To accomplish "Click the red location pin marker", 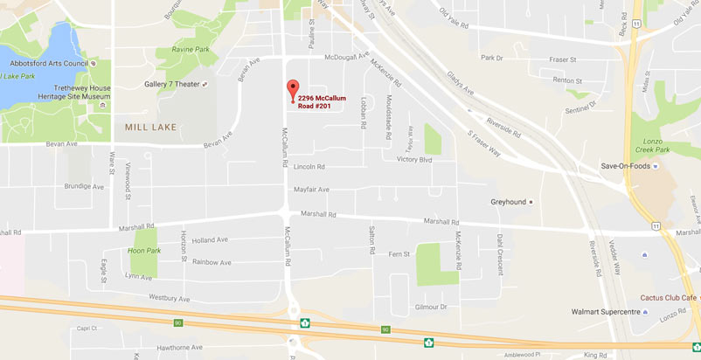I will pyautogui.click(x=293, y=89).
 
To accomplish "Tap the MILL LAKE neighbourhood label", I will pyautogui.click(x=144, y=127).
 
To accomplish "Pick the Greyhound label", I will pyautogui.click(x=508, y=202).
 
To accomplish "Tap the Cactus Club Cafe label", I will pyautogui.click(x=669, y=297).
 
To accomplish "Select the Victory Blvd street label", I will pyautogui.click(x=414, y=160).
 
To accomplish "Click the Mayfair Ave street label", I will pyautogui.click(x=311, y=189).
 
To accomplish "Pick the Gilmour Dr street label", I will pyautogui.click(x=431, y=307).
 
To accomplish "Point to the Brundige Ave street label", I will pyautogui.click(x=84, y=186).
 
